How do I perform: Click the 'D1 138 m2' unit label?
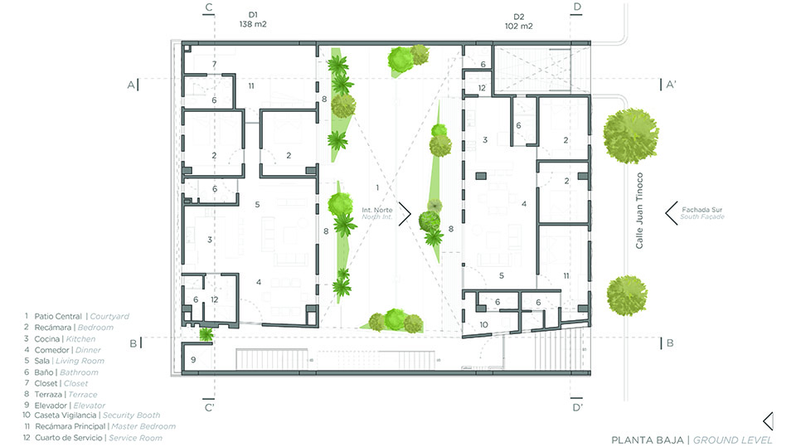253,19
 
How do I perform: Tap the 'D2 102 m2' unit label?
518,22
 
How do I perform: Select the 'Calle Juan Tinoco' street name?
639,211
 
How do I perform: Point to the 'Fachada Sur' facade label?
701,209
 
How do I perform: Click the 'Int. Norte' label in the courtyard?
376,210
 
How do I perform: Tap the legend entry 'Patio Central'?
58,316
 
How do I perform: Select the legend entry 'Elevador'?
51,406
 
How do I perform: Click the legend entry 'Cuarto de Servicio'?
68,437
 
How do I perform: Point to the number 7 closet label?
214,64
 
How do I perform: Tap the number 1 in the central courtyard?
377,187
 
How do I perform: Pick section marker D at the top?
577,7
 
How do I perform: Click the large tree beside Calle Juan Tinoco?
631,136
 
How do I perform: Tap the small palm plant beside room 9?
206,334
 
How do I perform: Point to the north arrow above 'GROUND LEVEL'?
768,421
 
